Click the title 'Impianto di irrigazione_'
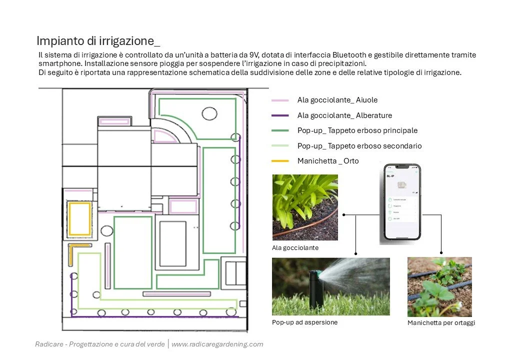click(98, 40)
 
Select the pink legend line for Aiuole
click(280, 100)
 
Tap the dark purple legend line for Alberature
click(280, 115)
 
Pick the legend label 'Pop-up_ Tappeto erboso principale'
click(357, 130)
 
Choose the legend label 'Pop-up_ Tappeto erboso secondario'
click(359, 146)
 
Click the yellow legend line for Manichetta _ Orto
click(280, 161)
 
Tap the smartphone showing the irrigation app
click(401, 202)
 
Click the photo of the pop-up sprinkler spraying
click(330, 286)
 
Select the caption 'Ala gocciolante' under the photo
click(295, 247)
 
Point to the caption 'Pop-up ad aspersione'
click(304, 322)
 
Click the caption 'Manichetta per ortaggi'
click(441, 323)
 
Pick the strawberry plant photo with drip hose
click(439, 286)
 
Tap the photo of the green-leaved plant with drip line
click(304, 207)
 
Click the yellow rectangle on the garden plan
click(80, 218)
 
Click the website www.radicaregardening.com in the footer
click(217, 344)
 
